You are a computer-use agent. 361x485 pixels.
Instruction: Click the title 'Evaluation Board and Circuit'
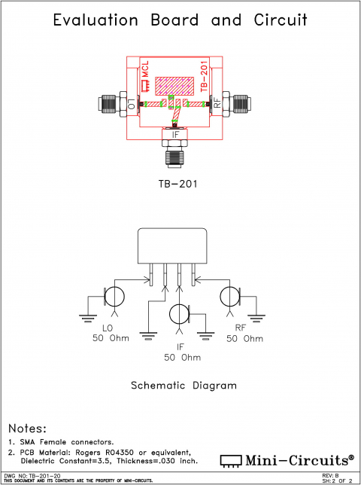pyautogui.click(x=180, y=20)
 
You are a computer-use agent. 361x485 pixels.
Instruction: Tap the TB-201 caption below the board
pyautogui.click(x=180, y=183)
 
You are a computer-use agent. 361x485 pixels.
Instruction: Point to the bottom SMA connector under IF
pyautogui.click(x=175, y=154)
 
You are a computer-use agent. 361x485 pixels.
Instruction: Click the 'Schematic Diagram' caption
pyautogui.click(x=184, y=384)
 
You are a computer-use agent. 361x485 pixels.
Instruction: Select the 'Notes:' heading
pyautogui.click(x=27, y=427)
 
